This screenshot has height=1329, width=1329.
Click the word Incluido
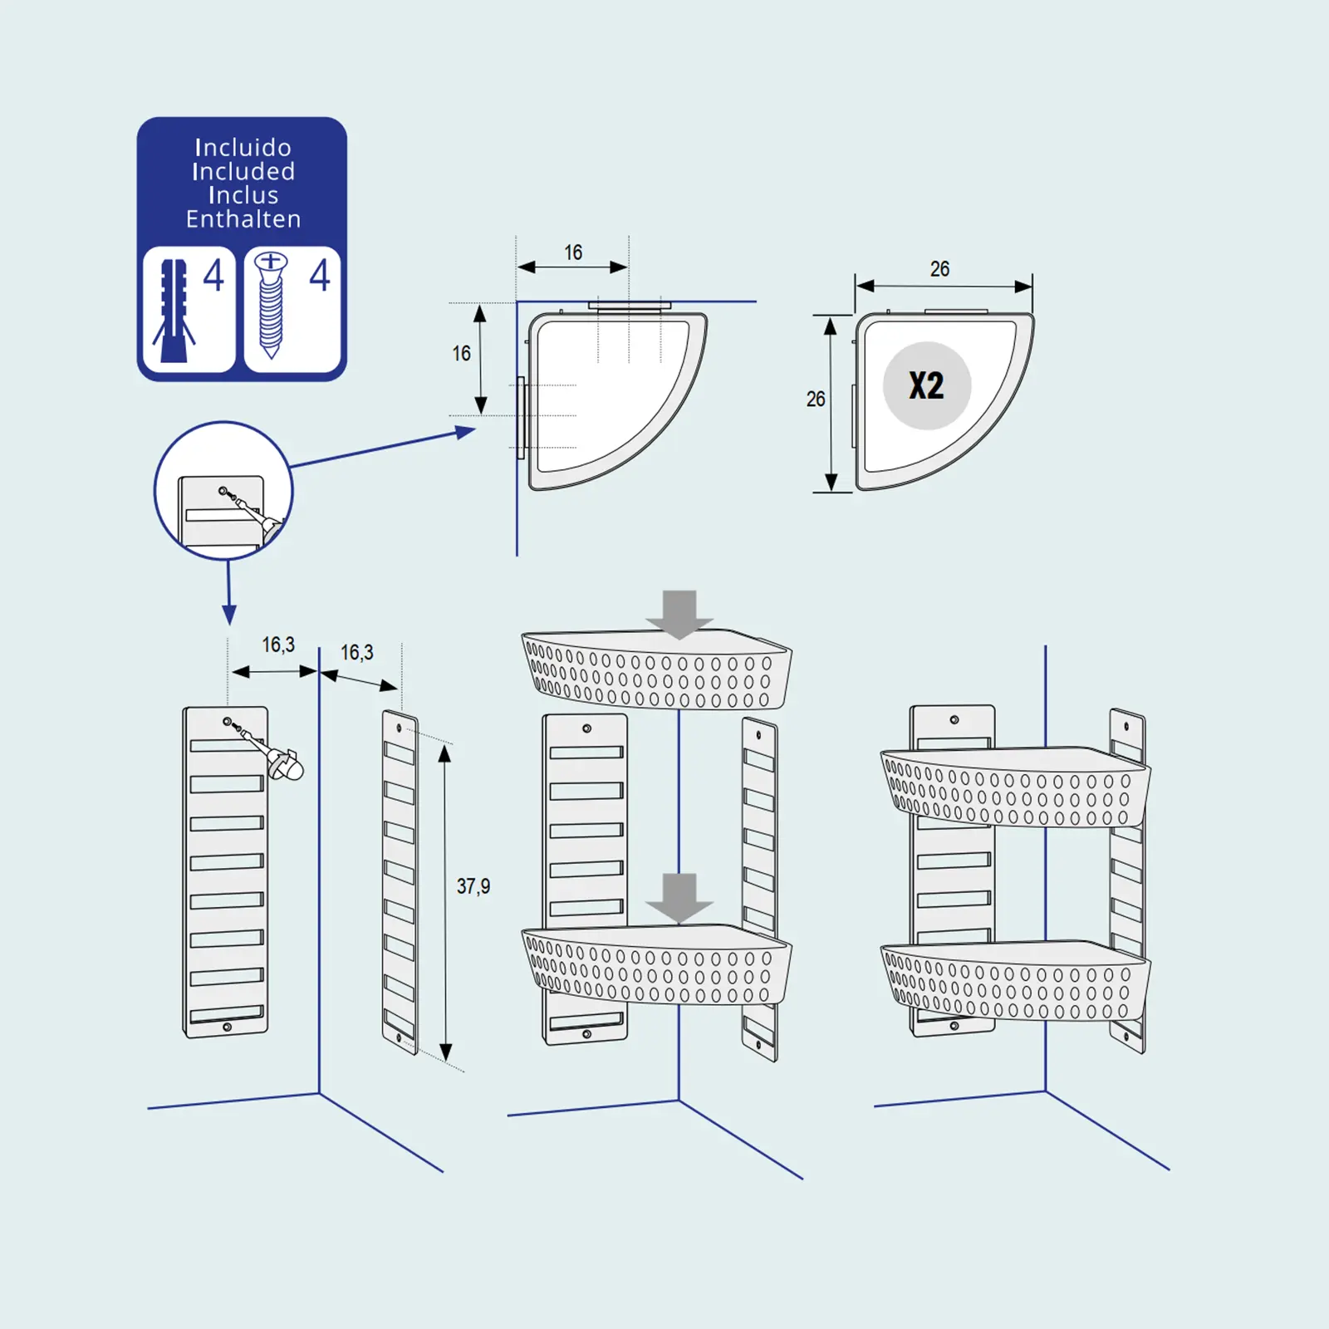tap(243, 148)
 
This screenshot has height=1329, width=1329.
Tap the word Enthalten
tap(243, 219)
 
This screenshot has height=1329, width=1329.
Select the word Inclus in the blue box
tap(243, 195)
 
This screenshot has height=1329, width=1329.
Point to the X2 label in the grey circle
tap(926, 385)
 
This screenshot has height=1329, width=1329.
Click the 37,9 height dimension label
tap(473, 886)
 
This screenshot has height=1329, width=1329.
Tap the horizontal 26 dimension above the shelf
tap(939, 269)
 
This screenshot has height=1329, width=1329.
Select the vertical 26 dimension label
tap(816, 400)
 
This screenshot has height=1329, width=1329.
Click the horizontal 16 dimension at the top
tap(573, 253)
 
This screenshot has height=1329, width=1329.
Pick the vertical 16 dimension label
tap(461, 354)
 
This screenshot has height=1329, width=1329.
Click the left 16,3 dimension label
tap(278, 645)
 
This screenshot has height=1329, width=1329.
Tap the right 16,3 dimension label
tap(356, 653)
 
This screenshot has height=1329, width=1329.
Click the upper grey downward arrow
tap(679, 614)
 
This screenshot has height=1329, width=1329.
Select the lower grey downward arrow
tap(679, 898)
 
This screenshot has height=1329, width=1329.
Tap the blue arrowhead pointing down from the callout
tap(229, 615)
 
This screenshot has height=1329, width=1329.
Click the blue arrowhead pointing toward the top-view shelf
tap(465, 432)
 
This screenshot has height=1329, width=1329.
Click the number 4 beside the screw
tap(319, 275)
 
